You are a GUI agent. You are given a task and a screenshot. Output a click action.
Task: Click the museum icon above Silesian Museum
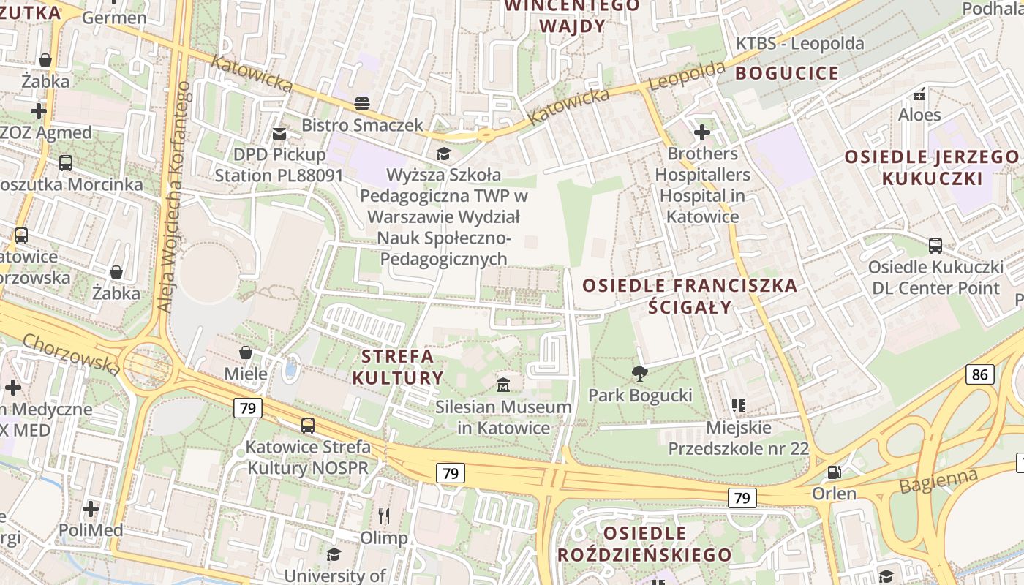pyautogui.click(x=503, y=385)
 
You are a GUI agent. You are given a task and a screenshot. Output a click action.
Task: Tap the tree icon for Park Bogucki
pyautogui.click(x=640, y=374)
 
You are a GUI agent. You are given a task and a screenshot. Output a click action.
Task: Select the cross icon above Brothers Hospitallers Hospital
pyautogui.click(x=702, y=132)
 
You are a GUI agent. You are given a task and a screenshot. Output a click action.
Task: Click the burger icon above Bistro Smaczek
pyautogui.click(x=362, y=104)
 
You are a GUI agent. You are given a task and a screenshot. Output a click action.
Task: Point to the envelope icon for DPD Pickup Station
pyautogui.click(x=279, y=133)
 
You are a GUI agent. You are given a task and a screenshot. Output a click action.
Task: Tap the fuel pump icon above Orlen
pyautogui.click(x=834, y=472)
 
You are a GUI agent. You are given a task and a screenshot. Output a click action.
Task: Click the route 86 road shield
pyautogui.click(x=979, y=375)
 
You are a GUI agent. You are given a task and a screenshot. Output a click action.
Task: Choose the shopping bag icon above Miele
pyautogui.click(x=246, y=352)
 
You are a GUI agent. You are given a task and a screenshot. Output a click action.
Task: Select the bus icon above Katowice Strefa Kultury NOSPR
pyautogui.click(x=308, y=425)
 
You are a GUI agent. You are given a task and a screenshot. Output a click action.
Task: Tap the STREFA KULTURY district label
pyautogui.click(x=398, y=367)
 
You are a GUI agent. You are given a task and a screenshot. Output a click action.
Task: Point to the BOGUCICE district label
pyautogui.click(x=787, y=73)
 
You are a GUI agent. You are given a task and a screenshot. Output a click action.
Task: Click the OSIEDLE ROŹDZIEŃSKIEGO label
pyautogui.click(x=644, y=543)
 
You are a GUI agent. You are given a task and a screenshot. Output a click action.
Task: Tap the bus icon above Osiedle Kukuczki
pyautogui.click(x=935, y=246)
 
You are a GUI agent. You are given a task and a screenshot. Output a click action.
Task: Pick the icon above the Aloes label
pyautogui.click(x=919, y=94)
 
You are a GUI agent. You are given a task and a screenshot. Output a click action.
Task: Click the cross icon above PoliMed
pyautogui.click(x=91, y=508)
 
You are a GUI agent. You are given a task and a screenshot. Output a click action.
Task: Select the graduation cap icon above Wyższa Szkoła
pyautogui.click(x=443, y=154)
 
